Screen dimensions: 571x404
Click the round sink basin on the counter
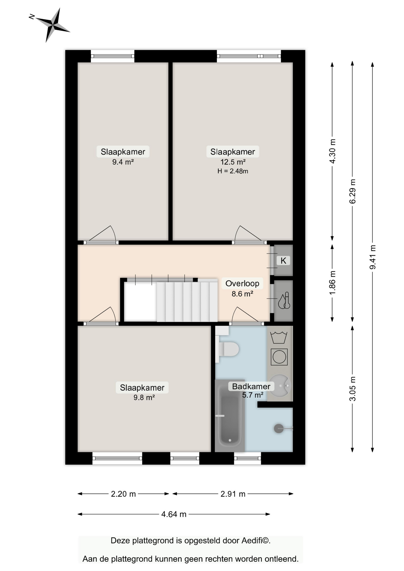click(280, 386)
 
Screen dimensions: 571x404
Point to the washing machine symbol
click(279, 338)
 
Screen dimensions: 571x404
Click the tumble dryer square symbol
click(279, 357)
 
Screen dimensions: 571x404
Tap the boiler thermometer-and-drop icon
click(284, 301)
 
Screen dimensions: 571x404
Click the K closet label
click(283, 261)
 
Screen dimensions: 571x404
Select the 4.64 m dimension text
click(174, 514)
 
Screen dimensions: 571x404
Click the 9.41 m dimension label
click(373, 257)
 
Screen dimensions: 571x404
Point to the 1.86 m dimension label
click(333, 283)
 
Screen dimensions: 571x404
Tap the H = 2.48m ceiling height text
click(233, 171)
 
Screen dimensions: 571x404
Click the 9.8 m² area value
click(144, 398)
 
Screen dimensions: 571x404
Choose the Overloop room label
click(242, 283)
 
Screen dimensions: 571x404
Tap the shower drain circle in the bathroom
click(279, 429)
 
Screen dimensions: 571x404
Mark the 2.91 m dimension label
click(233, 494)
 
